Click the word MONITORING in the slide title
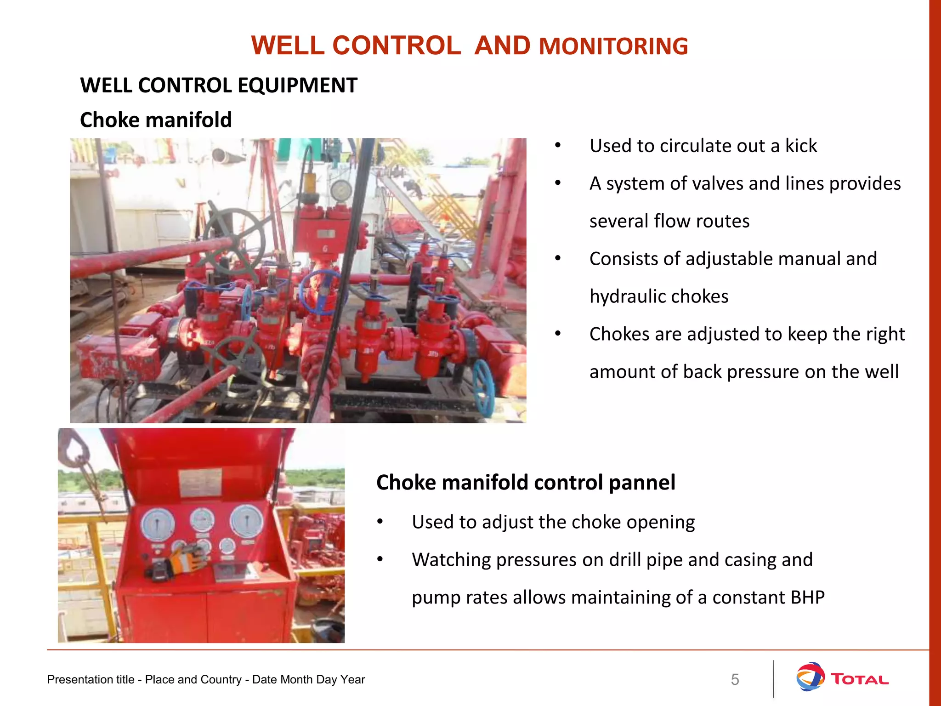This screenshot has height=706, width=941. pyautogui.click(x=613, y=46)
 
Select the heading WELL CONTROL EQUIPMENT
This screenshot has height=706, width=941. pyautogui.click(x=219, y=85)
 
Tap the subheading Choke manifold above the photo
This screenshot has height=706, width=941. pyautogui.click(x=156, y=120)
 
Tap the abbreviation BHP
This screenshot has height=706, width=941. pyautogui.click(x=808, y=598)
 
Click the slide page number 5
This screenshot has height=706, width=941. pyautogui.click(x=735, y=679)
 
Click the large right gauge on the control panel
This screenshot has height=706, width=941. pyautogui.click(x=246, y=521)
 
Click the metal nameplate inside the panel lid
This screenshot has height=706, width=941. pyautogui.click(x=201, y=483)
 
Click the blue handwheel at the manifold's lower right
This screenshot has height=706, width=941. pyautogui.click(x=483, y=388)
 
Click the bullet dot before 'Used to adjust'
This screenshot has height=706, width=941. pyautogui.click(x=380, y=522)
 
